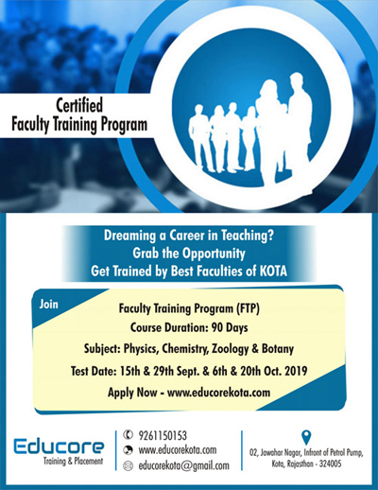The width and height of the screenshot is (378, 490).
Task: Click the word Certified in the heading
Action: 79,105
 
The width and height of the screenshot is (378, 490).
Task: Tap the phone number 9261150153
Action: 163,435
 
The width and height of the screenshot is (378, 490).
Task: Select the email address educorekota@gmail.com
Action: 184,465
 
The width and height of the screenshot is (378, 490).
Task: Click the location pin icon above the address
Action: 306,438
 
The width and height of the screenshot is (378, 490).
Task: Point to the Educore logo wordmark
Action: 59,446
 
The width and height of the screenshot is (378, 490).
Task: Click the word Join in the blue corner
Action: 49,305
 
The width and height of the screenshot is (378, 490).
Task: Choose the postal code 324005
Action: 330,464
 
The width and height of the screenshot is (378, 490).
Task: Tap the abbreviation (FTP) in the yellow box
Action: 248,308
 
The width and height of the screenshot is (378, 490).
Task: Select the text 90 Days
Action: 230,327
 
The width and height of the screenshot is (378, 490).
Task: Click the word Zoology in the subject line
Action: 231,349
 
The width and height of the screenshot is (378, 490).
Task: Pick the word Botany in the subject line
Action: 278,349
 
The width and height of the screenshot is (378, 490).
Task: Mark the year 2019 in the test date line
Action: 296,371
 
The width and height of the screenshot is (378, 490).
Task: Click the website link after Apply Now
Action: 218,393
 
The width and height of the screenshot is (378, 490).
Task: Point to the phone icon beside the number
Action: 128,435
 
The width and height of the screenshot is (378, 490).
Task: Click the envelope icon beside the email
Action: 128,465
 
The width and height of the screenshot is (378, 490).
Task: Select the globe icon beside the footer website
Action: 128,450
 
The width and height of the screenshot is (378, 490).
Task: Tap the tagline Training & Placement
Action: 73,461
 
